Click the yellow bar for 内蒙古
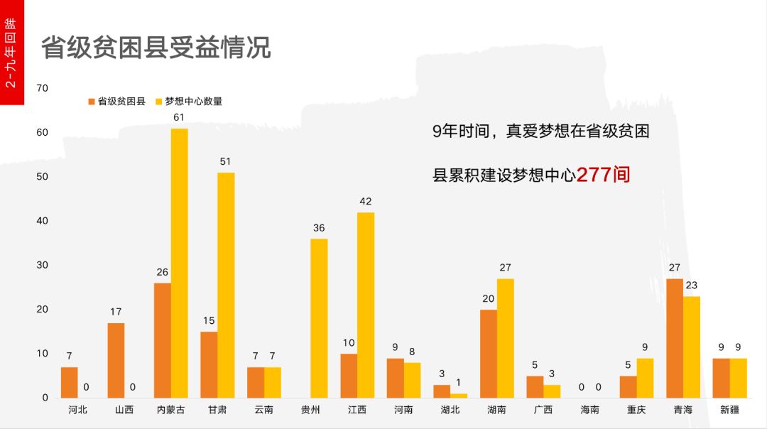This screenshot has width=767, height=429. click(179, 263)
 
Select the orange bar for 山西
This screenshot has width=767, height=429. click(116, 360)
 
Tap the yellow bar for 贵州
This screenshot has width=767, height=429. click(319, 317)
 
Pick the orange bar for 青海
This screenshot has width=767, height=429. click(674, 338)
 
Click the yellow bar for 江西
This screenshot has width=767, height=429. click(366, 305)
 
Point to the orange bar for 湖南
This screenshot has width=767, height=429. click(488, 353)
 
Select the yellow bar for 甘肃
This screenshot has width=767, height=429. click(226, 285)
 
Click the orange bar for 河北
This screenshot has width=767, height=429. click(69, 382)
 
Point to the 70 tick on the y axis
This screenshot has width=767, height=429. click(42, 88)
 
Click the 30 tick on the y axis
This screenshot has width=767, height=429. click(42, 265)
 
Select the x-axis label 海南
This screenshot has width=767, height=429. click(589, 410)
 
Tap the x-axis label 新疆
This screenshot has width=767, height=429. click(729, 410)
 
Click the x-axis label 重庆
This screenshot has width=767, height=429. click(636, 410)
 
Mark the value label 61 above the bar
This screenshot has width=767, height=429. click(179, 117)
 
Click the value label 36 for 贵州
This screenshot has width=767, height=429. click(319, 228)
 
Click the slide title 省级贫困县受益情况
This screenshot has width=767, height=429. click(156, 48)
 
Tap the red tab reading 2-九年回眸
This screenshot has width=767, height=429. click(11, 53)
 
